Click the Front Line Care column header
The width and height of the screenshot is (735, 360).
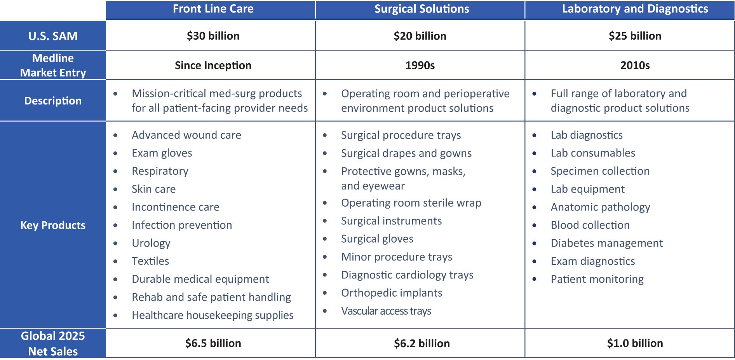point(213,9)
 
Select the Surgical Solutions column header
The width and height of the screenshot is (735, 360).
point(421,9)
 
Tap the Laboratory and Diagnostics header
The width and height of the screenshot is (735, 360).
point(635,9)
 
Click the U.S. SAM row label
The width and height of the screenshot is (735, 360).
point(53,36)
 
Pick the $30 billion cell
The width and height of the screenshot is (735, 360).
point(213,36)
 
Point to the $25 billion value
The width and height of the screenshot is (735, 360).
point(635,36)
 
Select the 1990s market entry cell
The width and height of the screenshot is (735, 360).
point(420,65)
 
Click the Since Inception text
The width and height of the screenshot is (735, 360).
point(213,65)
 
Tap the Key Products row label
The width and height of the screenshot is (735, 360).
point(53,225)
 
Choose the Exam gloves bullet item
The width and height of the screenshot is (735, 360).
point(162,153)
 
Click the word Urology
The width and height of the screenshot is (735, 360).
point(151,243)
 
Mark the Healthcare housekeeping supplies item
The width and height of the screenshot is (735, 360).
point(212,315)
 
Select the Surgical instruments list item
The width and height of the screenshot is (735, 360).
point(391,221)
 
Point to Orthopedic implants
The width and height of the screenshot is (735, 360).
point(392,293)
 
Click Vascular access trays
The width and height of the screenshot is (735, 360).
point(386,311)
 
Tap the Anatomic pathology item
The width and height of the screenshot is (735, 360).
point(600,207)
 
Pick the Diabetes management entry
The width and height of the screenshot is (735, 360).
point(606,243)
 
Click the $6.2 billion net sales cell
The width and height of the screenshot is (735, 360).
point(421,343)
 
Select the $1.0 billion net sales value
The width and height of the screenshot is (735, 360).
point(635,343)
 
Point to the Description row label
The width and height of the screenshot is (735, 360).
point(53,101)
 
